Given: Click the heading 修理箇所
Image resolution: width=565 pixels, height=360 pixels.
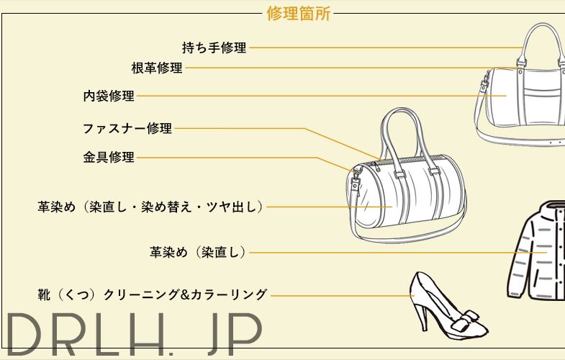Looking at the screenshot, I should pyautogui.click(x=298, y=14).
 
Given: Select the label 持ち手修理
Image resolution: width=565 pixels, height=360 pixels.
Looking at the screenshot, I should pyautogui.click(x=214, y=48).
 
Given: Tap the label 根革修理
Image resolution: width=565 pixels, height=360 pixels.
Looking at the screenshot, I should pyautogui.click(x=157, y=68).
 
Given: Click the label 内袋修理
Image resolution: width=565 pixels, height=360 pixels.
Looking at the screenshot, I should pyautogui.click(x=109, y=96).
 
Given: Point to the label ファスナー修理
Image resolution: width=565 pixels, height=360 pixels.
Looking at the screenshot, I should pyautogui.click(x=127, y=129).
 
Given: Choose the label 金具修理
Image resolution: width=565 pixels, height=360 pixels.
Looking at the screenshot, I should pyautogui.click(x=109, y=157).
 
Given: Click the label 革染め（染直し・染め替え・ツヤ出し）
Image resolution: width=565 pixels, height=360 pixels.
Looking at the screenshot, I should pyautogui.click(x=150, y=207).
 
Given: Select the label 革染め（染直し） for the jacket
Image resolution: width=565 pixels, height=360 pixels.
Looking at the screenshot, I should pyautogui.click(x=199, y=252).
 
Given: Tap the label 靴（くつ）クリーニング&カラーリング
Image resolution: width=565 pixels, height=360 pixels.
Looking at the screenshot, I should pyautogui.click(x=152, y=294).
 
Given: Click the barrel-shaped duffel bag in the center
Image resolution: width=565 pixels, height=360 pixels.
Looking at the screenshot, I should pyautogui.click(x=403, y=198).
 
